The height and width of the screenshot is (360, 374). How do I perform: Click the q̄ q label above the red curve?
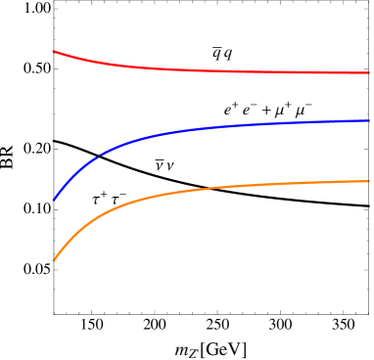coord(222,54)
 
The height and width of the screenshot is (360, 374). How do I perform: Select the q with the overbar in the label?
coord(216,55)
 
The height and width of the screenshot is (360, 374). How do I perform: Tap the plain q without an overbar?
coord(227,55)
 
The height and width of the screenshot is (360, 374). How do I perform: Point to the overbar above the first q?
coord(216,48)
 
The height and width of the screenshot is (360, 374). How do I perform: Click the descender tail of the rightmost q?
coord(229,59)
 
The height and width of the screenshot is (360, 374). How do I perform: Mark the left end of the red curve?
coord(54,51)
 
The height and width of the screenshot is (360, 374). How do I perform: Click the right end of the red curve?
coord(368,72)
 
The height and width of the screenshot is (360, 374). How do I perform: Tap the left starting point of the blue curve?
coord(54,200)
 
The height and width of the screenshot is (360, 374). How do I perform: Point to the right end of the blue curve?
coord(368,120)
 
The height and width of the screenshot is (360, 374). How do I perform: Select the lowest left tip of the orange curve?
coord(54,260)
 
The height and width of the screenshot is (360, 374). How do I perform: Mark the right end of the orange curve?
coord(368,181)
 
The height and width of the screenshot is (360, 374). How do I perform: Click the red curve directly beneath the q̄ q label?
coord(222,70)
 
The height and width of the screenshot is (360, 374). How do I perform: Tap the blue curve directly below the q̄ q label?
coord(222,126)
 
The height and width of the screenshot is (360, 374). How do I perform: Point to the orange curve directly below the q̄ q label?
coord(222,187)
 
